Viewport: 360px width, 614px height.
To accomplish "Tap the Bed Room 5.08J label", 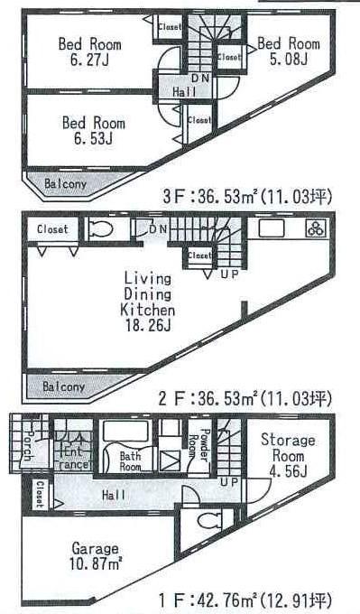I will (x=289, y=51).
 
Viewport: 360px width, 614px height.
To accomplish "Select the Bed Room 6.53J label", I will (x=93, y=131).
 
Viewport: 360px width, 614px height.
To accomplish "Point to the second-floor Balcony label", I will (x=63, y=386).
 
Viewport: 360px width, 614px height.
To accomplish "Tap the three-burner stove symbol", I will (x=318, y=228).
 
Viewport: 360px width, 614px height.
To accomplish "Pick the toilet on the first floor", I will (x=209, y=523).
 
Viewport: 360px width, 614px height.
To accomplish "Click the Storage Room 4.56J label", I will (x=288, y=455).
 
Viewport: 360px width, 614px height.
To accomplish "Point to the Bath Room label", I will (x=131, y=461).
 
